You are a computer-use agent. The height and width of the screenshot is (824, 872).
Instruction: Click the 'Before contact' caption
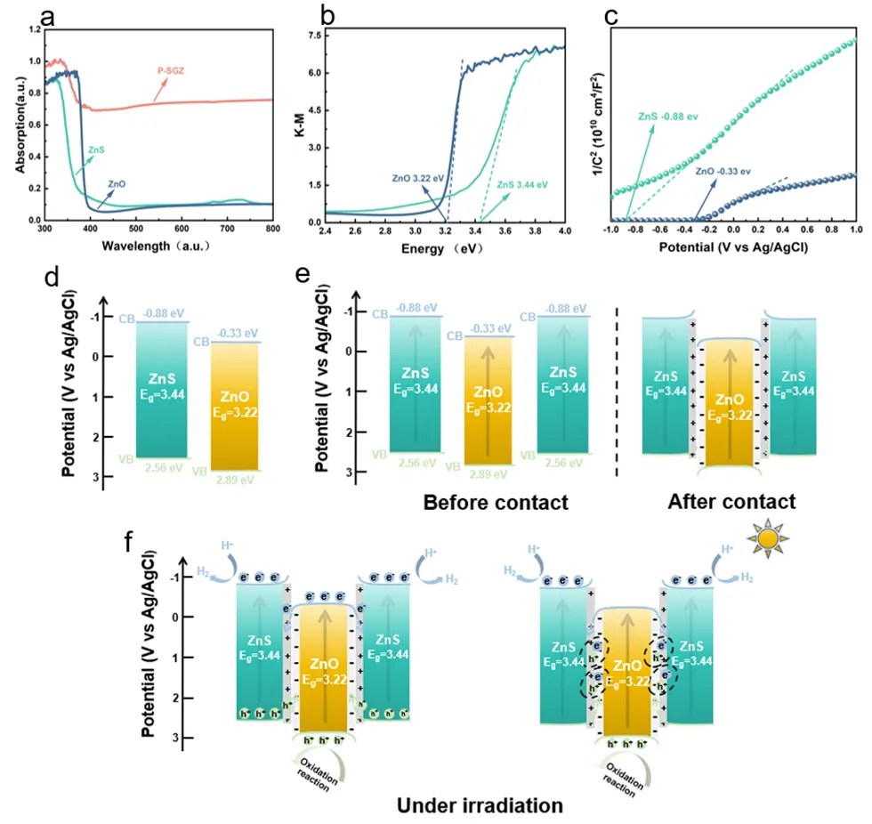(496, 503)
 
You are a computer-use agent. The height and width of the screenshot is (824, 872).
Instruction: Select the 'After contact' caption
(731, 502)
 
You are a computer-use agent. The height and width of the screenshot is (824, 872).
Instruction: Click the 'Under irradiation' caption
(480, 806)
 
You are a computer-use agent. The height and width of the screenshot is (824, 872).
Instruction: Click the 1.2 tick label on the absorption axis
(35, 30)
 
